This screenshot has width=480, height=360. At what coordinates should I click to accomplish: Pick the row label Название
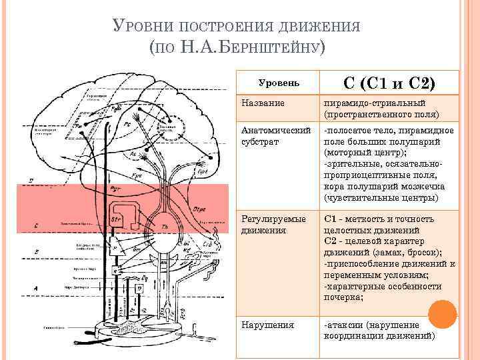[x=264, y=103]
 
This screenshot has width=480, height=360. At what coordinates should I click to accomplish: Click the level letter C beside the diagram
[x=35, y=225]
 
